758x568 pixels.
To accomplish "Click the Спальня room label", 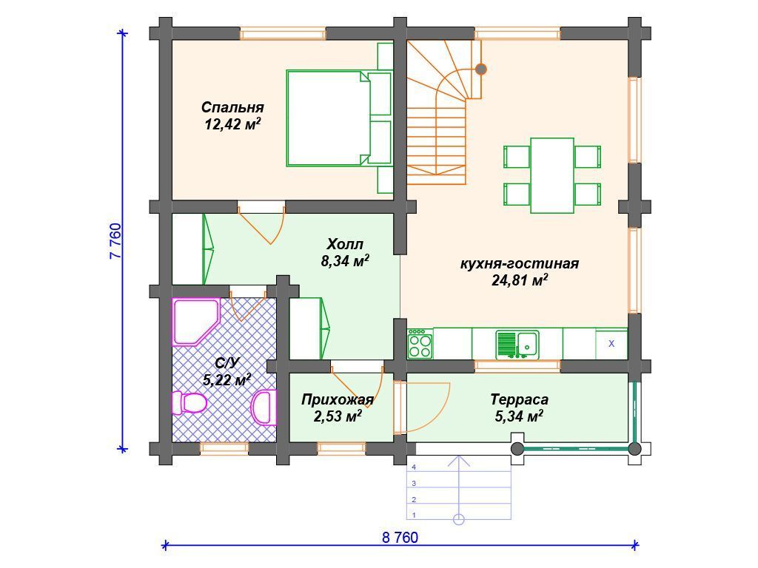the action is click(232, 106).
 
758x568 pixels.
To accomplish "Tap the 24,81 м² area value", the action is click(520, 280).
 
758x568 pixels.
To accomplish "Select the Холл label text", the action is click(345, 243).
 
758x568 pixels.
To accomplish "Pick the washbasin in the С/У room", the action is click(264, 408).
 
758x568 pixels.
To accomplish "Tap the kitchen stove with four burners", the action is click(420, 343).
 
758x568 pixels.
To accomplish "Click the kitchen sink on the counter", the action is click(517, 345).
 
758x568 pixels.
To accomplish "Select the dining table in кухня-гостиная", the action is click(552, 175).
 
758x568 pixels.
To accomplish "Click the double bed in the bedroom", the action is click(339, 118).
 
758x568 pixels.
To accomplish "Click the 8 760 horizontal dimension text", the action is click(400, 537).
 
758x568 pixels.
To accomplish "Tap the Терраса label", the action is click(519, 399).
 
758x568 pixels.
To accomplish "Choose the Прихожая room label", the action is click(338, 399).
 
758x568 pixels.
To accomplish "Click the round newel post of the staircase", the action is click(480, 69).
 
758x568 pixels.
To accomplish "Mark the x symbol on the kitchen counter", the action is click(611, 344).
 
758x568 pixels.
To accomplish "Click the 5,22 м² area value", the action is click(227, 379).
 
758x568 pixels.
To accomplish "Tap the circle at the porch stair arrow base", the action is click(459, 520).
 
